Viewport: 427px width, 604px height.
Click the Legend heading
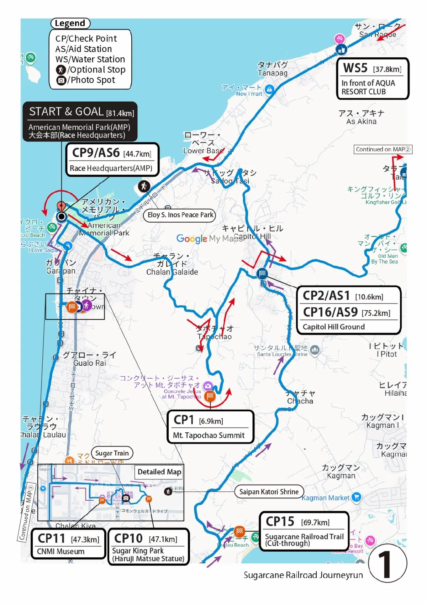click(70, 24)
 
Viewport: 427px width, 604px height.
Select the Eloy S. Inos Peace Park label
click(180, 215)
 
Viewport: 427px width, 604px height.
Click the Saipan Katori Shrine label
click(269, 492)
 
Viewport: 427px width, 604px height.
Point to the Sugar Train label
click(112, 453)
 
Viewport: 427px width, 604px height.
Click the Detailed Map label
click(159, 472)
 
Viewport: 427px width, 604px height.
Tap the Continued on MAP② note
click(383, 150)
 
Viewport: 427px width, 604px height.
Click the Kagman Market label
click(325, 498)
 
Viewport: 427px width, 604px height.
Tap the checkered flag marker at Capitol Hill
click(262, 274)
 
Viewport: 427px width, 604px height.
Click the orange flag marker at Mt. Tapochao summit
click(210, 396)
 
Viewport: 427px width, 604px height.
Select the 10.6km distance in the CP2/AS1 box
click(369, 297)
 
